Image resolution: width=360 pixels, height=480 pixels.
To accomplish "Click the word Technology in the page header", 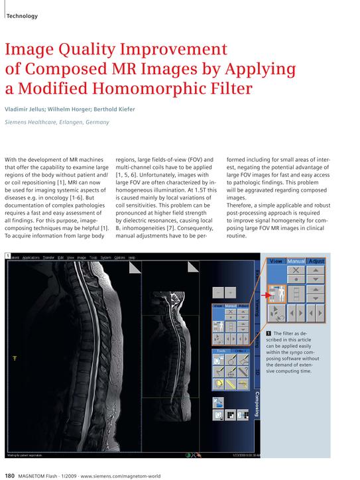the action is pyautogui.click(x=22, y=17).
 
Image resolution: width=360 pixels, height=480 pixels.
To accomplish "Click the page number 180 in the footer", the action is pyautogui.click(x=11, y=475).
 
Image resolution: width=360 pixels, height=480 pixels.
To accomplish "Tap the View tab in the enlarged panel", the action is pyautogui.click(x=276, y=261).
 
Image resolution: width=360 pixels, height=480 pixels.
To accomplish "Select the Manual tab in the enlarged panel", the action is pyautogui.click(x=296, y=261).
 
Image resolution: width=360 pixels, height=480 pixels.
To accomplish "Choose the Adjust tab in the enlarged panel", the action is pyautogui.click(x=316, y=261).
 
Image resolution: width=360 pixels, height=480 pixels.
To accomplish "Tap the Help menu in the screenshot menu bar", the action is pyautogui.click(x=131, y=257).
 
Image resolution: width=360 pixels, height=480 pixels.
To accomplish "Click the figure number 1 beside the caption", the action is pyautogui.click(x=268, y=333).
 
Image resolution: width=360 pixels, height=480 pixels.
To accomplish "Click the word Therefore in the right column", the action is pyautogui.click(x=241, y=206).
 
